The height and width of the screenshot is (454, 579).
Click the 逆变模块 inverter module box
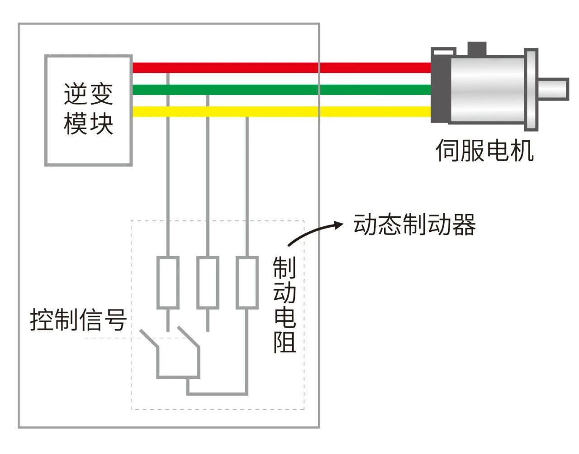pos(88,110)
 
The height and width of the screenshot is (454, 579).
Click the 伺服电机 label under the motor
pos(484,150)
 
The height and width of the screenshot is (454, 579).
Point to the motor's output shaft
pos(553,88)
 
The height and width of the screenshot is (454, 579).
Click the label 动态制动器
pos(414,225)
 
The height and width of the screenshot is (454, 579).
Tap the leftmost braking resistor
pos(168,282)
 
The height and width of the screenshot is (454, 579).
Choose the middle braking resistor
pos(208,282)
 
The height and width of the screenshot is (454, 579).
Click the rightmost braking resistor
pos(247,282)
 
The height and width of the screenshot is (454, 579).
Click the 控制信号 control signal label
pos(78,320)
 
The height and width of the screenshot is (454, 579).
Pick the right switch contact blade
pos(188,338)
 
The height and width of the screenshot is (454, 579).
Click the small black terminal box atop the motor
pos(477,47)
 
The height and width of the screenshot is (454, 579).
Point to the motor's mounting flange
pos(531,89)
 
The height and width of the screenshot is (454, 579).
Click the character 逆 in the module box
pos(75,94)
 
